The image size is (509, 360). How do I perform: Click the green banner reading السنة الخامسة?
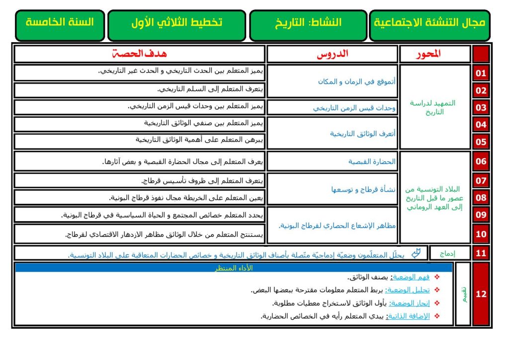click(60, 24)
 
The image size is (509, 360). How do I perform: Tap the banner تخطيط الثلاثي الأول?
click(176, 24)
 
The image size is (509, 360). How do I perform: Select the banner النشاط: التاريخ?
click(308, 24)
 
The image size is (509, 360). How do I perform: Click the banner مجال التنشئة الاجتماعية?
click(429, 24)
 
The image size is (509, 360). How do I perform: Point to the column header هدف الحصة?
click(140, 54)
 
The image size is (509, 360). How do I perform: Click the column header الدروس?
click(333, 54)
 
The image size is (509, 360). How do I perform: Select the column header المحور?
click(428, 54)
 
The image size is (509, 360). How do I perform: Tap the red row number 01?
click(481, 74)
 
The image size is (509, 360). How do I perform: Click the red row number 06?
click(481, 161)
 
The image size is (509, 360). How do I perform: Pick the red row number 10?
click(481, 234)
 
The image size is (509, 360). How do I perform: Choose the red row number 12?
click(481, 294)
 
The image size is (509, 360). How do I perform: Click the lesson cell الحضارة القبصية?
click(372, 162)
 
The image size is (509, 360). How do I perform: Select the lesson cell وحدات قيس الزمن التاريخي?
click(354, 108)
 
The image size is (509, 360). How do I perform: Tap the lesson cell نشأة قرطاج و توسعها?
click(363, 189)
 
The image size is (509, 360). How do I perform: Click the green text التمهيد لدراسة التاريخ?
click(432, 107)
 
